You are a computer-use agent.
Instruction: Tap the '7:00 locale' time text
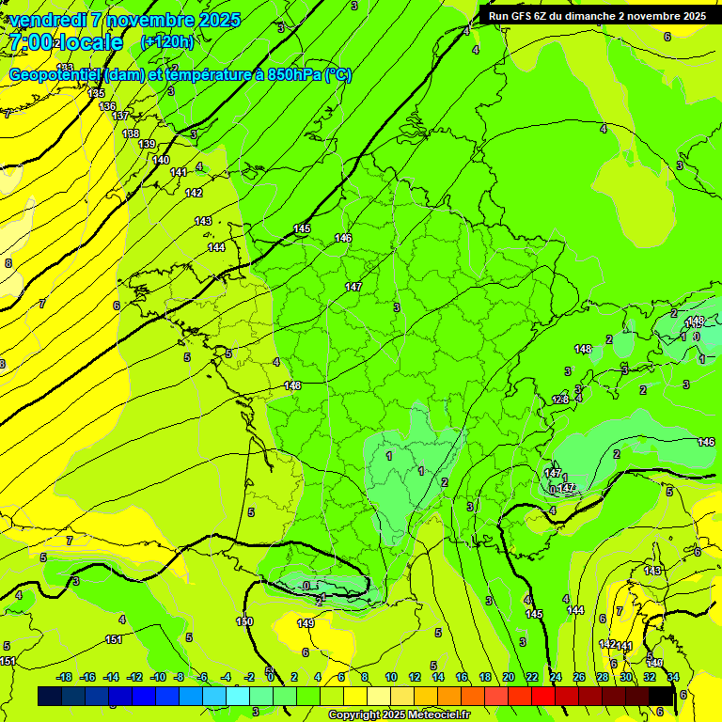pyautogui.click(x=66, y=42)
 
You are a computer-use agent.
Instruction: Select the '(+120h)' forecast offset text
pyautogui.click(x=167, y=41)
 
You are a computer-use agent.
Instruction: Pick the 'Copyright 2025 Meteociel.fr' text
pyautogui.click(x=399, y=715)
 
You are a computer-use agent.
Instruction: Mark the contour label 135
pyautogui.click(x=96, y=93)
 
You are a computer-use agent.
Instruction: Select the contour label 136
pyautogui.click(x=107, y=106)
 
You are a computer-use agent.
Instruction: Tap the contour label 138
pyautogui.click(x=131, y=133)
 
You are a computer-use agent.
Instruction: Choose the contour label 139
pyautogui.click(x=147, y=144)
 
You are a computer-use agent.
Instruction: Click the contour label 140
pyautogui.click(x=162, y=160)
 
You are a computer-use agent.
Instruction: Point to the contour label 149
pyautogui.click(x=306, y=623)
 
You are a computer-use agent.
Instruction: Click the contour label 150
pyautogui.click(x=244, y=621)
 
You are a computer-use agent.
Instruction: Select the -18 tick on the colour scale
pyautogui.click(x=65, y=677)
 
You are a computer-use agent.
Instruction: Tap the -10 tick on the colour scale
pyautogui.click(x=158, y=677)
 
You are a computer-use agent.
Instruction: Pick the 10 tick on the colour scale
pyautogui.click(x=391, y=677)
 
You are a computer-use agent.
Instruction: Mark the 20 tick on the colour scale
pyautogui.click(x=508, y=677)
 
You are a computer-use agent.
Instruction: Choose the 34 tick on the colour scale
pyautogui.click(x=673, y=677)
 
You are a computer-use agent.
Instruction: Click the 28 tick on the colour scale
pyautogui.click(x=602, y=677)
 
